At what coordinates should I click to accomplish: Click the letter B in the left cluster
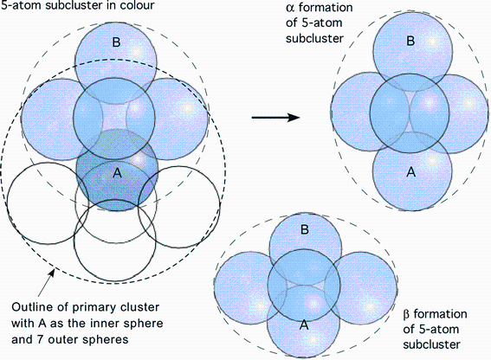coord(116,42)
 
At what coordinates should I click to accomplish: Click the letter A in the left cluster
coord(117,172)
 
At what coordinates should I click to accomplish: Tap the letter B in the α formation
coord(410,41)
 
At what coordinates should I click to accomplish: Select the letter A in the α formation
coord(411,171)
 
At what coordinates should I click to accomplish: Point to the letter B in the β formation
coord(304,229)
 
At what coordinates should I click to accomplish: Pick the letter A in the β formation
coord(304,325)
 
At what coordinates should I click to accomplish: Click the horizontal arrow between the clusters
coord(276,118)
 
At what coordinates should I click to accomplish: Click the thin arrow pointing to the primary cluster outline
coord(46,283)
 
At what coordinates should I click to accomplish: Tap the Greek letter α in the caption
coord(290,8)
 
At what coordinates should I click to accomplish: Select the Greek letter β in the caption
coord(407,314)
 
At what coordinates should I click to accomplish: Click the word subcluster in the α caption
coord(314,38)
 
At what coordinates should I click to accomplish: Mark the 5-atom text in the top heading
coord(20,5)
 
